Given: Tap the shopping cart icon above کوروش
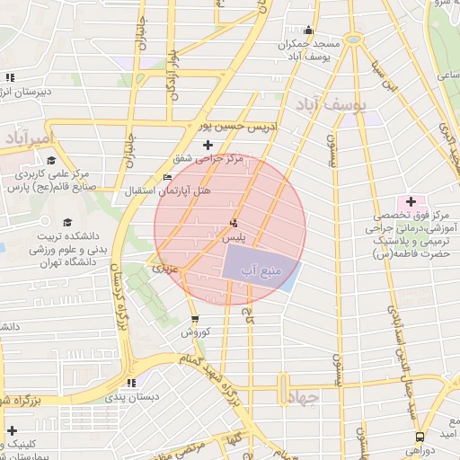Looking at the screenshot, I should (195, 319).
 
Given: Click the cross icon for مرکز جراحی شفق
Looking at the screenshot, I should (208, 144).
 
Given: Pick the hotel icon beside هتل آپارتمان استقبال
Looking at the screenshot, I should (167, 177).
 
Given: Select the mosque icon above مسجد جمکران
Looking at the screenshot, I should (308, 30).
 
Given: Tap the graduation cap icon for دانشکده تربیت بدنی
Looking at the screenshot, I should (67, 222).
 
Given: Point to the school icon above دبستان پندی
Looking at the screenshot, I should (132, 382).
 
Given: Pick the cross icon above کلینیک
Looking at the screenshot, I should (12, 431).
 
